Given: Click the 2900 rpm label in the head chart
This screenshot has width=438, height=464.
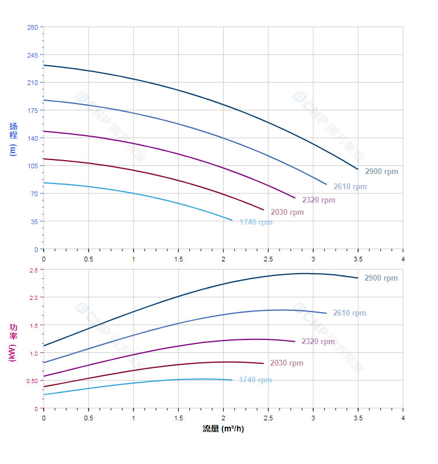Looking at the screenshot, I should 382,172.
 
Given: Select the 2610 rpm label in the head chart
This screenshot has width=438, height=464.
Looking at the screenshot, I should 350,187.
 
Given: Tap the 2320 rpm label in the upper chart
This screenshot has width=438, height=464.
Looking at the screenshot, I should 319,200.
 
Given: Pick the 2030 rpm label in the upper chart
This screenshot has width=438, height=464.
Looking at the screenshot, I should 287,212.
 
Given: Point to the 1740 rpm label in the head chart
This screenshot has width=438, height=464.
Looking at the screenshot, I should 256,222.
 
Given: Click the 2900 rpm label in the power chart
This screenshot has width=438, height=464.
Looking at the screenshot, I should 381,278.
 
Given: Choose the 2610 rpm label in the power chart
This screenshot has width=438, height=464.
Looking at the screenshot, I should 349,313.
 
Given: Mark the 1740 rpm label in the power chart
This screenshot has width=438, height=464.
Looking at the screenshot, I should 255,380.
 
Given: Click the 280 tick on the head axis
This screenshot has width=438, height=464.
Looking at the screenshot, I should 32,27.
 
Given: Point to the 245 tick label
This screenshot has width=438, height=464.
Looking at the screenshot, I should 32,55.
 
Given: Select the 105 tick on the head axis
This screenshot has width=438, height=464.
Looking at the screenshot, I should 32,166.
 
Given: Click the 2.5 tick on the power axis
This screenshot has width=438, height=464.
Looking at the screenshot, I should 33,270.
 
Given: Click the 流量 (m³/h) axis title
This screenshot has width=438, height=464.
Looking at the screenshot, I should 223,429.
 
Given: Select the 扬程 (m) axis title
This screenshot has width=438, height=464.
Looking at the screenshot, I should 13,139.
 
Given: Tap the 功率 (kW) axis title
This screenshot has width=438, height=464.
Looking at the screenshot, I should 13,342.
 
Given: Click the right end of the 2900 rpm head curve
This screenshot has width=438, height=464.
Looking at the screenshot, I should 358,169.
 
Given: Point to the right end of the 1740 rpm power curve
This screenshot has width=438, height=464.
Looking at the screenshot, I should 232,380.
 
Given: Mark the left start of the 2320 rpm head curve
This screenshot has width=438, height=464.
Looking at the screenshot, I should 44,131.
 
